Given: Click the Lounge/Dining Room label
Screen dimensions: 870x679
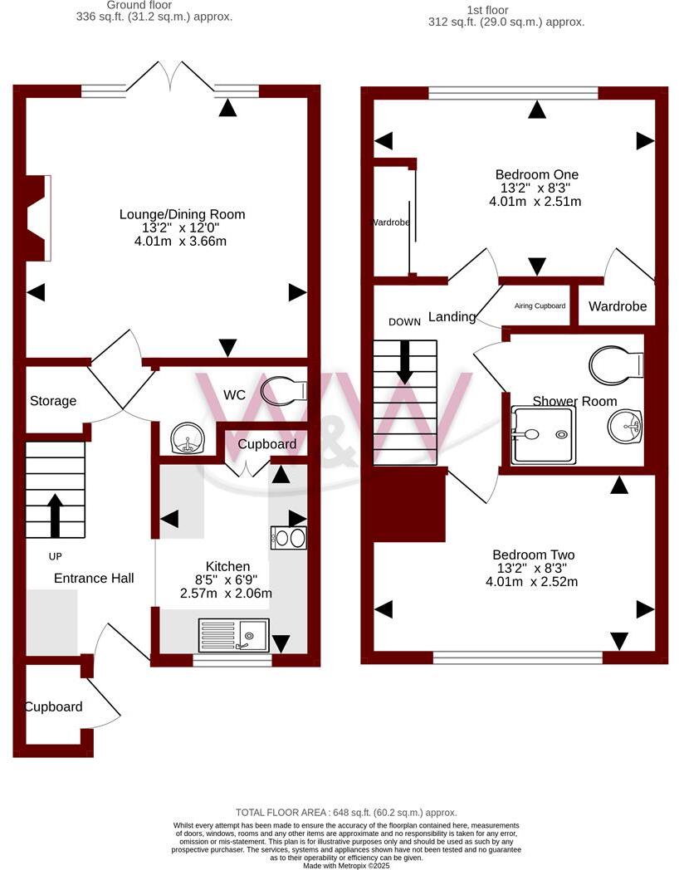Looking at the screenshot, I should pos(182,214).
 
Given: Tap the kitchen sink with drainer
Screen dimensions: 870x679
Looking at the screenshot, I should pos(233,635).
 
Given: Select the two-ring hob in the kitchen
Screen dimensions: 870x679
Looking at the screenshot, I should pos(289,538).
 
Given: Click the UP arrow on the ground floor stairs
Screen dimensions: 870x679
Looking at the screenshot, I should pos(55,516).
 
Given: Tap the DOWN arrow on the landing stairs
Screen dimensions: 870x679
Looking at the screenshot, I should pos(405,362).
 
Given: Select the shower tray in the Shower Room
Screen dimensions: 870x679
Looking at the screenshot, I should pos(542,434).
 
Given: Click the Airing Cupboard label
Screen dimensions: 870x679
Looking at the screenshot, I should pos(540,306).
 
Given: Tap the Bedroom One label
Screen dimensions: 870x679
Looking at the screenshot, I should pos(536,174).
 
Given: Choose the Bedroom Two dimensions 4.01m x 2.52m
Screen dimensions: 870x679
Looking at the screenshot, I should pos(533,582).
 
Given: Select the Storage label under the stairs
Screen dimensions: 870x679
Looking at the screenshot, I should pos(53,401).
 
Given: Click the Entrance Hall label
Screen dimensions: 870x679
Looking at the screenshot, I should pos(94,578).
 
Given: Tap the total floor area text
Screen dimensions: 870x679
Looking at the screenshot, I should pos(346,813).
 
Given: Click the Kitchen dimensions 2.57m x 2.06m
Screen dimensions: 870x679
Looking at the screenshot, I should pos(226,594).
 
